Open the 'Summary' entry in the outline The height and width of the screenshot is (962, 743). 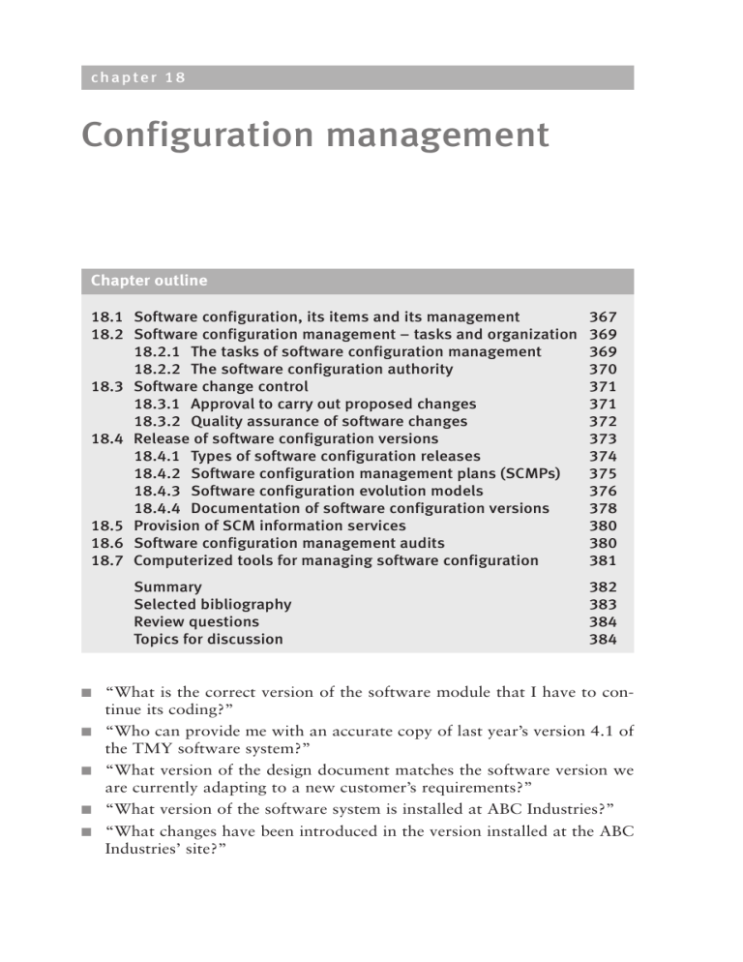pyautogui.click(x=168, y=586)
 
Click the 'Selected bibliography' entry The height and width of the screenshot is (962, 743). pyautogui.click(x=213, y=604)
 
